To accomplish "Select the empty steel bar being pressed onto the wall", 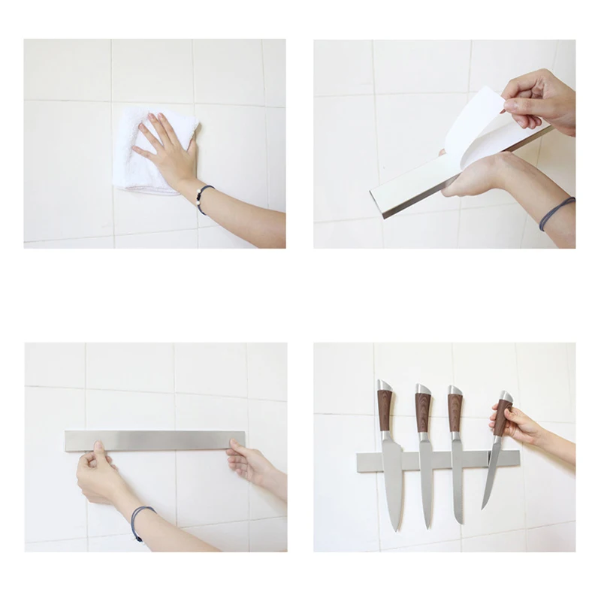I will coord(154,439).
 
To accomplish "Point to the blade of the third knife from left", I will coord(457,481).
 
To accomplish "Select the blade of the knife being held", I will coord(492,473).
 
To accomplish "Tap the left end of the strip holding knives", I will coord(365,461).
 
